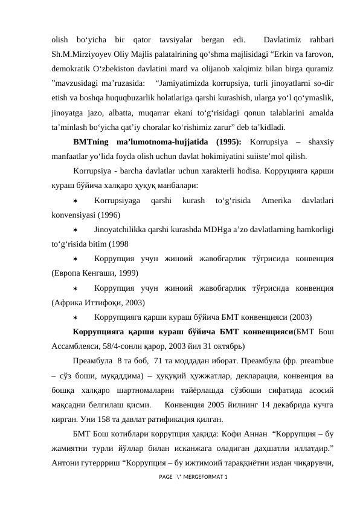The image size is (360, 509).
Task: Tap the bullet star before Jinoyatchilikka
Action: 76,230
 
